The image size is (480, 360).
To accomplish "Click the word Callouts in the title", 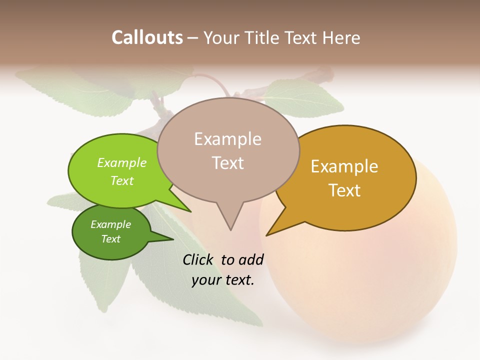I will click(147, 37).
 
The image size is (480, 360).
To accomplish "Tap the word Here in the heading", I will click(342, 37).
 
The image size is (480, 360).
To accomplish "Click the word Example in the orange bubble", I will click(344, 166).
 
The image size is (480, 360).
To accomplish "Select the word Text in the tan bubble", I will click(228, 163).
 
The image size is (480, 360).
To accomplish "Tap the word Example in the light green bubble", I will click(122, 162).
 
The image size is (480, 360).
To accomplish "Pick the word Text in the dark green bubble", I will click(111, 239).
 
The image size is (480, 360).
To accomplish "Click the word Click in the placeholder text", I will click(198, 259).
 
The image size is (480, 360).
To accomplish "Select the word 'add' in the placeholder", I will click(251, 259).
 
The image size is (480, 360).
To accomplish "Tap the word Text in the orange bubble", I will click(344, 190).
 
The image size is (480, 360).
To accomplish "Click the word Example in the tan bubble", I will click(228, 139).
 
